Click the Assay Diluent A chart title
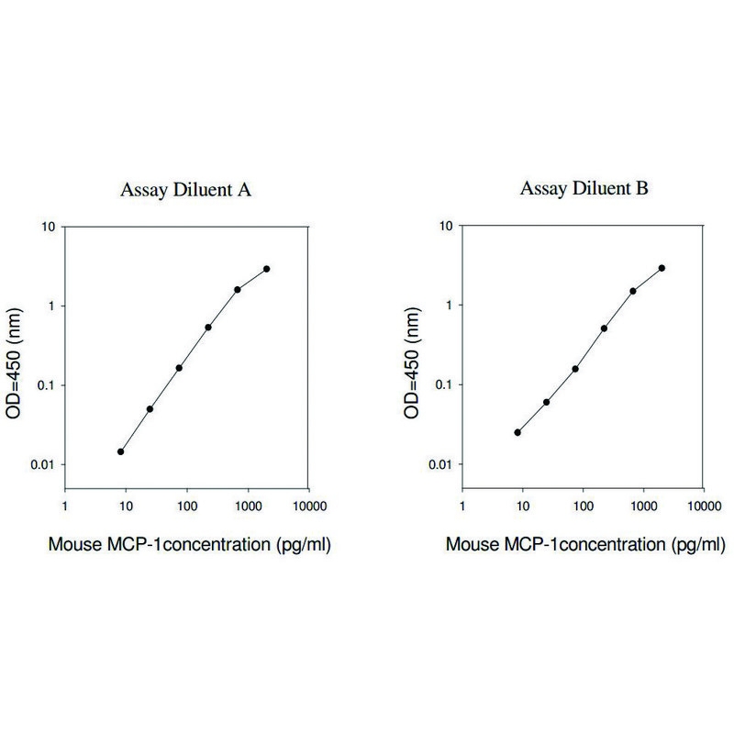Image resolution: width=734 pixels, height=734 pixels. pyautogui.click(x=185, y=190)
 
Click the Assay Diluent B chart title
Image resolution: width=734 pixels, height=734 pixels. pyautogui.click(x=584, y=189)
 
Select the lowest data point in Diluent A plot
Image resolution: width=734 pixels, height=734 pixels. pyautogui.click(x=121, y=451)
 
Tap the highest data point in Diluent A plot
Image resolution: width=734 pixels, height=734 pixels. pyautogui.click(x=266, y=269)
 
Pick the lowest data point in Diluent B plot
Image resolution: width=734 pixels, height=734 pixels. pyautogui.click(x=517, y=432)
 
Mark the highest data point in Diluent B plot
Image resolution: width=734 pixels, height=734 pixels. pyautogui.click(x=662, y=268)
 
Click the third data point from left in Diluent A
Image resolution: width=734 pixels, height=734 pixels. pyautogui.click(x=179, y=368)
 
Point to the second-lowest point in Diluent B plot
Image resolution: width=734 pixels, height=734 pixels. pyautogui.click(x=546, y=402)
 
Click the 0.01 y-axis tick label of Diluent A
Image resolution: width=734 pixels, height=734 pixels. pyautogui.click(x=42, y=465)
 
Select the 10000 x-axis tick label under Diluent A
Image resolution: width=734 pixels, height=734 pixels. pyautogui.click(x=309, y=506)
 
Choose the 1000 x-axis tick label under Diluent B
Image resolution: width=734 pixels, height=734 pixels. pyautogui.click(x=644, y=506)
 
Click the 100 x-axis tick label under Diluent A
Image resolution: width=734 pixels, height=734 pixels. pyautogui.click(x=187, y=506)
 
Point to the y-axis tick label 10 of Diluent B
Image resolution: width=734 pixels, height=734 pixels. pyautogui.click(x=446, y=226)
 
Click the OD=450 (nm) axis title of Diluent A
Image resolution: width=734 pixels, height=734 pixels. pyautogui.click(x=14, y=363)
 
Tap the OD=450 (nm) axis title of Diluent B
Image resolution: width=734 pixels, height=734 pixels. pyautogui.click(x=411, y=362)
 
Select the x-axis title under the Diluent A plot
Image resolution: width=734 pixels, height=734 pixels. pyautogui.click(x=190, y=545)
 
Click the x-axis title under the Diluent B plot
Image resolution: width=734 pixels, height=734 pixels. pyautogui.click(x=585, y=545)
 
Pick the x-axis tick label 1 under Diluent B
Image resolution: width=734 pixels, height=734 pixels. pyautogui.click(x=462, y=506)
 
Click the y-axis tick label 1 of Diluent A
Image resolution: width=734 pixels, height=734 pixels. pyautogui.click(x=51, y=306)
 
